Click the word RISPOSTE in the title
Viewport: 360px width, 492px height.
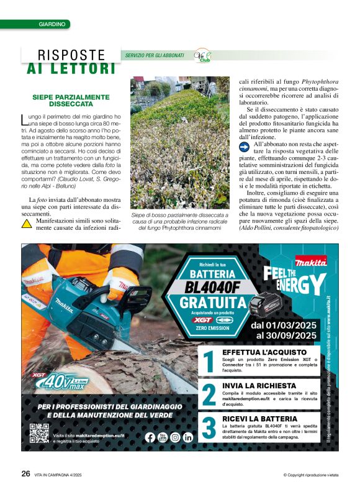point(71,55)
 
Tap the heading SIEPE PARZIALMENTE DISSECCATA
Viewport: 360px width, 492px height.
point(71,100)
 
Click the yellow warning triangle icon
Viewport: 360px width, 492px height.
point(27,223)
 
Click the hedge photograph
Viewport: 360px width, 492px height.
point(180,143)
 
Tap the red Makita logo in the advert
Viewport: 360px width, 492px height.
point(312,262)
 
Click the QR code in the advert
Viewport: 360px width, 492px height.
point(39,433)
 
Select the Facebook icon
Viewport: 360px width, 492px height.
point(150,437)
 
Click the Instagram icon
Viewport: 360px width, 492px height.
point(176,437)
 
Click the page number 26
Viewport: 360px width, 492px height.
point(25,473)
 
